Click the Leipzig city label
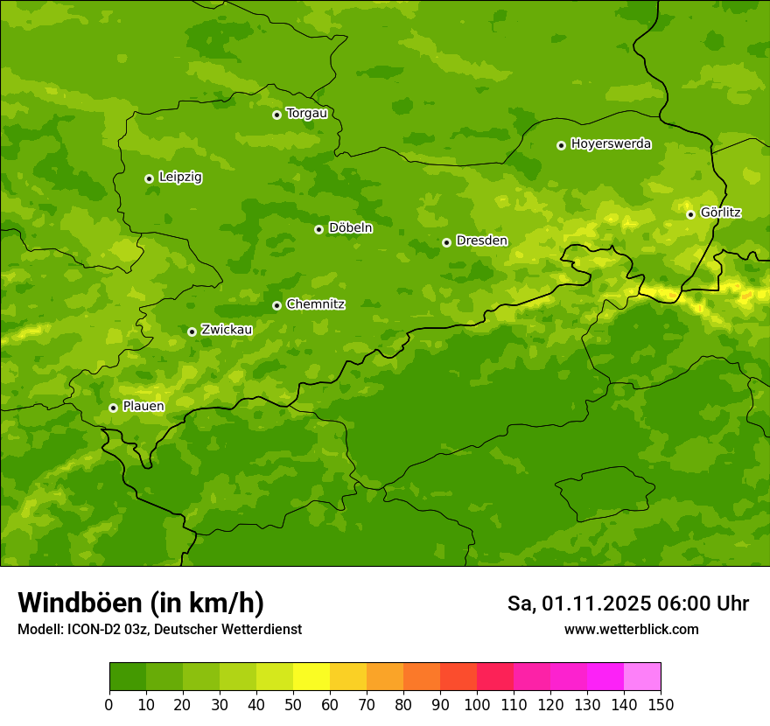tap(180, 178)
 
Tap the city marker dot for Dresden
tap(446, 242)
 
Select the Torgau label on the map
tap(306, 114)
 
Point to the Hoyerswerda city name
tap(611, 144)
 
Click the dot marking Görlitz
tap(690, 214)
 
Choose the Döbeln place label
tap(350, 228)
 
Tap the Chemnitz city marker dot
tap(276, 305)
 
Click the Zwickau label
tap(227, 331)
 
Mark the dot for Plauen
tap(113, 408)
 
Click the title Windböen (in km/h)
tap(141, 604)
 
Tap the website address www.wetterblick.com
tap(631, 630)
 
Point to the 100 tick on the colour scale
tap(477, 704)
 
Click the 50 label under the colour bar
tap(293, 704)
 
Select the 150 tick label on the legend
tap(661, 704)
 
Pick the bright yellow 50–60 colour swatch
tap(311, 677)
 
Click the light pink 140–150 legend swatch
tap(642, 677)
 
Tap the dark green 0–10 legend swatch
tap(128, 677)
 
